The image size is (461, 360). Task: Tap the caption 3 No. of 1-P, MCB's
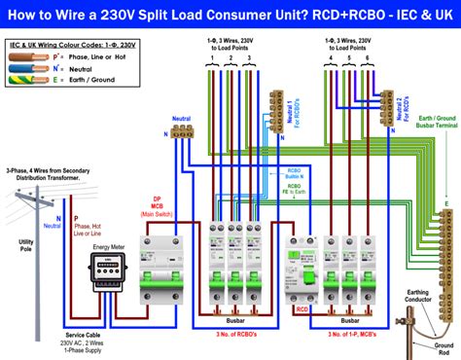tap(343, 333)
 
